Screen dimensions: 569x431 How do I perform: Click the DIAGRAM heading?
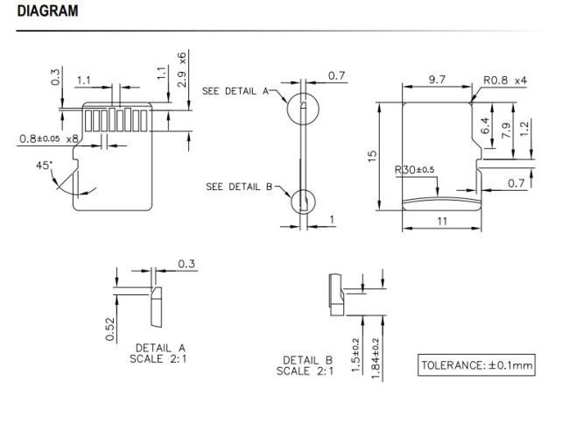pyautogui.click(x=47, y=11)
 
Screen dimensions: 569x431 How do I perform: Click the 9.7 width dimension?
pyautogui.click(x=437, y=80)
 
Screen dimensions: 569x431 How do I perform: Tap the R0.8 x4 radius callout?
pyautogui.click(x=505, y=81)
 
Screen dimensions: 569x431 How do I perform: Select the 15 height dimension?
pyautogui.click(x=372, y=156)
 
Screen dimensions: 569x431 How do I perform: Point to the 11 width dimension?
pyautogui.click(x=442, y=221)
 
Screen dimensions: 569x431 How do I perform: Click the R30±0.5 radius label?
pyautogui.click(x=414, y=170)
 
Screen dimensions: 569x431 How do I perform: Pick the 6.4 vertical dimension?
pyautogui.click(x=486, y=125)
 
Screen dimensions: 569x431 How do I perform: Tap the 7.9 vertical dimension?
pyautogui.click(x=506, y=130)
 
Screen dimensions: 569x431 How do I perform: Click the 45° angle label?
pyautogui.click(x=44, y=166)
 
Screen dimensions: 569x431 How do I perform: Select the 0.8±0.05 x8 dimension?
pyautogui.click(x=49, y=138)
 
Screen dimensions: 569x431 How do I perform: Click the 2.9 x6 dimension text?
pyautogui.click(x=182, y=70)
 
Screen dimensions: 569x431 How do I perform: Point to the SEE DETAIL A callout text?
pyautogui.click(x=235, y=91)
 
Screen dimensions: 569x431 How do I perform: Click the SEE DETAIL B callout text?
pyautogui.click(x=239, y=187)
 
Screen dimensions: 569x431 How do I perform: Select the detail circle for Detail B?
pyautogui.click(x=292, y=201)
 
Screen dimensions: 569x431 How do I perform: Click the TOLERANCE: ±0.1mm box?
pyautogui.click(x=476, y=365)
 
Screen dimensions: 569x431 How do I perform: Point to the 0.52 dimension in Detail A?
pyautogui.click(x=110, y=329)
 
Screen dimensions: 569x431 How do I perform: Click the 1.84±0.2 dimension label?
pyautogui.click(x=376, y=359)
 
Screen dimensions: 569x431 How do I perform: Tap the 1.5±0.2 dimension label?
pyautogui.click(x=355, y=356)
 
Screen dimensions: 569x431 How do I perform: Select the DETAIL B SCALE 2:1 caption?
pyautogui.click(x=305, y=365)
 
